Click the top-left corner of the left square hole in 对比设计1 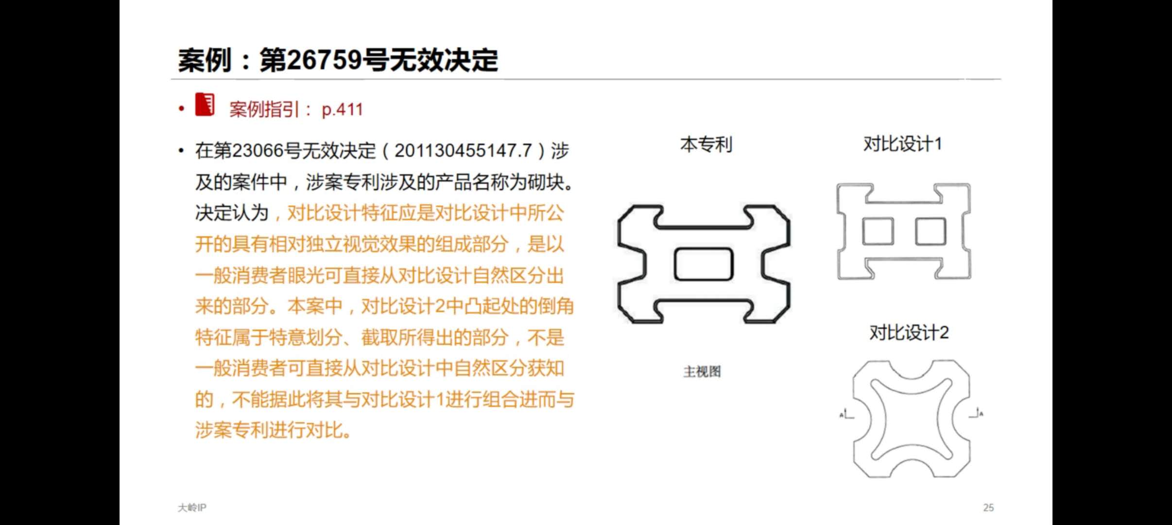tap(863, 218)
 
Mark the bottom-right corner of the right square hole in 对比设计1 tap(946, 245)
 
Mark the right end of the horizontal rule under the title tap(1001, 79)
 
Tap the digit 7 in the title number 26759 tap(325, 60)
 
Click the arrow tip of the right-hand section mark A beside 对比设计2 tap(978, 410)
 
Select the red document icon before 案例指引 tap(205, 104)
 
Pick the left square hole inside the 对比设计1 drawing tap(878, 231)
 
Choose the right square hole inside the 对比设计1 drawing tap(931, 231)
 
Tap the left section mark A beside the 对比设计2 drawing tap(846, 415)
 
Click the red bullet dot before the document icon tap(181, 108)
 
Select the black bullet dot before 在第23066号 tap(181, 151)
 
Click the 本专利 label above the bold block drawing tap(706, 144)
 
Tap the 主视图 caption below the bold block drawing tap(702, 372)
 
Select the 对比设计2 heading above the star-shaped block tap(909, 333)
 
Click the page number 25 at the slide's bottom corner tap(988, 507)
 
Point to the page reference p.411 tap(343, 110)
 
